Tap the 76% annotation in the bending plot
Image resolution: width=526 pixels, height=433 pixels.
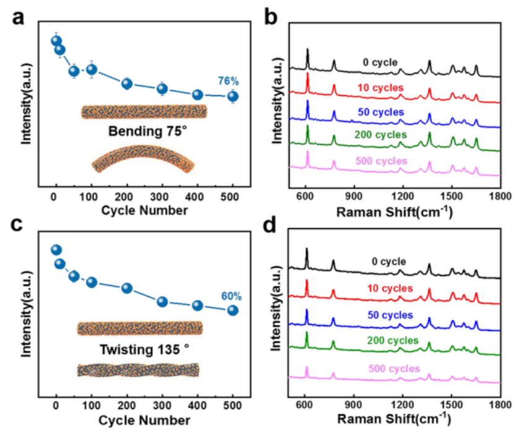pos(228,81)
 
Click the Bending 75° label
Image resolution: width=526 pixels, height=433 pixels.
pos(143,132)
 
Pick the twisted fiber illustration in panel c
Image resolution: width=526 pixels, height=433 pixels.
pos(138,370)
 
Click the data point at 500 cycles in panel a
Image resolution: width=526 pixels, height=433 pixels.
pos(233,96)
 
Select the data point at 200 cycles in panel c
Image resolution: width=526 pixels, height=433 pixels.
pos(127,288)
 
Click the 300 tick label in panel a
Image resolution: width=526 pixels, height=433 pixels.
pos(162,197)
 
